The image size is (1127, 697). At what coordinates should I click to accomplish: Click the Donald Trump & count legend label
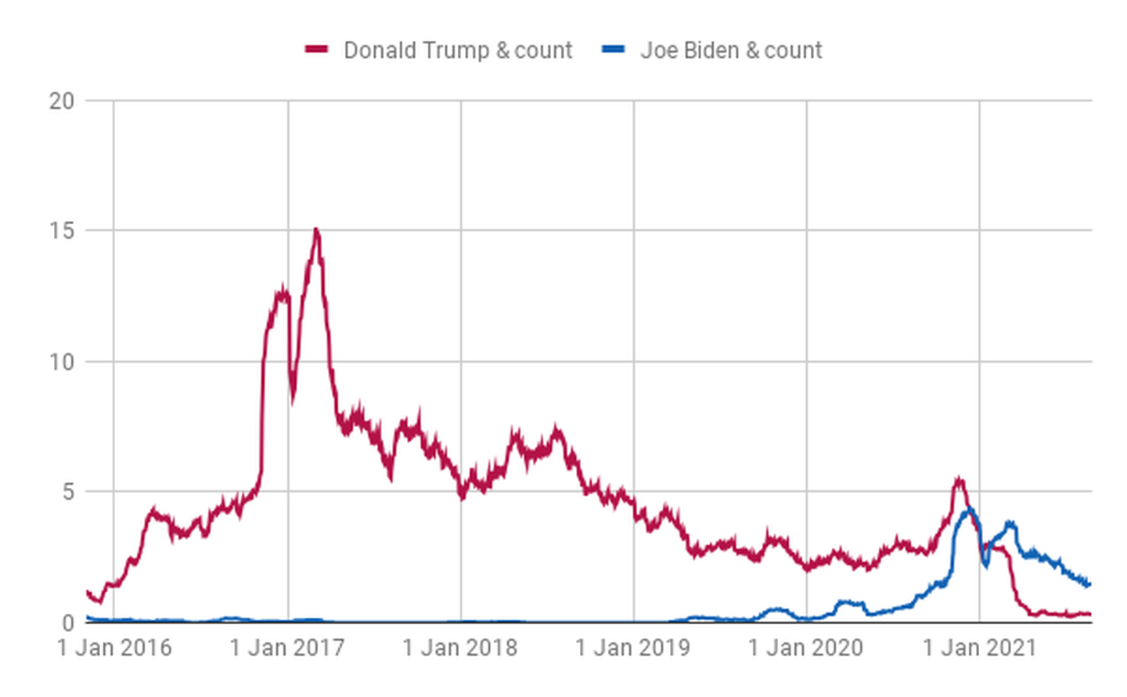pyautogui.click(x=458, y=50)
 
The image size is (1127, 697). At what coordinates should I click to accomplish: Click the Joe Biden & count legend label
pyautogui.click(x=731, y=50)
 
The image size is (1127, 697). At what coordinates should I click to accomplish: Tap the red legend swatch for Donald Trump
pyautogui.click(x=316, y=49)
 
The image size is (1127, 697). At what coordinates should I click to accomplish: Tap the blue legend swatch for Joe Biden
pyautogui.click(x=613, y=49)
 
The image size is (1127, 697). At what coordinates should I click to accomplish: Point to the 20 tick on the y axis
pyautogui.click(x=61, y=101)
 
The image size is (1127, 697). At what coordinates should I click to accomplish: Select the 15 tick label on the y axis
pyautogui.click(x=61, y=231)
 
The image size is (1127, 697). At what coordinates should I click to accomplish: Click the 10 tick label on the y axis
pyautogui.click(x=61, y=362)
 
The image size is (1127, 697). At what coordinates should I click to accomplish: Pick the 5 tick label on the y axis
pyautogui.click(x=67, y=492)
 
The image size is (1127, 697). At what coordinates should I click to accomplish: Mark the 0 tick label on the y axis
pyautogui.click(x=67, y=623)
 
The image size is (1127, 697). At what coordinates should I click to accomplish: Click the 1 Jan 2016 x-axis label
pyautogui.click(x=114, y=648)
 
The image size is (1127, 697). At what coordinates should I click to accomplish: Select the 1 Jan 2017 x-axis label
pyautogui.click(x=287, y=648)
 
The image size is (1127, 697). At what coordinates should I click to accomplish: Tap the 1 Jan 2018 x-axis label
pyautogui.click(x=460, y=648)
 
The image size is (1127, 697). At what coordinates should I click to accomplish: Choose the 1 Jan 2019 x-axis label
pyautogui.click(x=633, y=648)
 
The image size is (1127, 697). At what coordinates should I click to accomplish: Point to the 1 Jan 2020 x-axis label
pyautogui.click(x=806, y=648)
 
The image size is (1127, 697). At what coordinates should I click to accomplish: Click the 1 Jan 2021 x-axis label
pyautogui.click(x=979, y=648)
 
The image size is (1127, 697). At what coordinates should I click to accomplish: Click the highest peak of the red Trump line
pyautogui.click(x=316, y=229)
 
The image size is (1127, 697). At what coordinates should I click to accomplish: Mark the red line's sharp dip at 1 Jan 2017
pyautogui.click(x=293, y=399)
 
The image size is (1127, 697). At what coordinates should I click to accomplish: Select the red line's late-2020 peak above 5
pyautogui.click(x=959, y=479)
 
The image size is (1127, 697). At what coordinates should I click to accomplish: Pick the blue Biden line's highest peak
pyautogui.click(x=970, y=510)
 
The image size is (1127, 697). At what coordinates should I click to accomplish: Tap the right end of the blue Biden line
pyautogui.click(x=1089, y=584)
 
